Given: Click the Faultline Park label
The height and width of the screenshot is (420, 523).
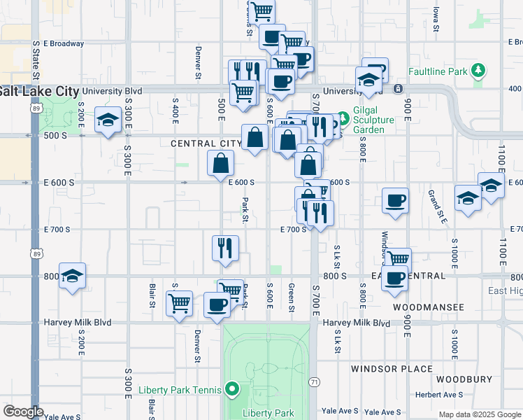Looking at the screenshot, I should [438, 71].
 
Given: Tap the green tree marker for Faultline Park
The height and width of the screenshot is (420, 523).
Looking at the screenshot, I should [478, 71].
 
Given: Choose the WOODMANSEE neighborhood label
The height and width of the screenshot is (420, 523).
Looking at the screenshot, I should [429, 307].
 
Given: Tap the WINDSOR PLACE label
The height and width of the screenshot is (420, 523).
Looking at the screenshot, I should [392, 369].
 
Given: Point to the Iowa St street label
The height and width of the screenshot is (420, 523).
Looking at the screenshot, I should [436, 20].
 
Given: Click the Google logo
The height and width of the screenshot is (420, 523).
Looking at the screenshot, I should [23, 412].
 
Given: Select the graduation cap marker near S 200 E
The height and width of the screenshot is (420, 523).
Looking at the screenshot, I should [108, 122].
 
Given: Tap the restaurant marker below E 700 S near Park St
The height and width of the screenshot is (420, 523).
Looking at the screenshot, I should [225, 248].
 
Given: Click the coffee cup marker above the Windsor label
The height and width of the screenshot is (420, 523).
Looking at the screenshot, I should [395, 201].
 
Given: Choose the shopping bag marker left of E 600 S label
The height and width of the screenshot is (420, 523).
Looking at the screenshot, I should [220, 164].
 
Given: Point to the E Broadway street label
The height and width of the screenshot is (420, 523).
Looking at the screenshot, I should [63, 43].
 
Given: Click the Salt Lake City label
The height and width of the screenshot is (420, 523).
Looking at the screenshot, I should [39, 92].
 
